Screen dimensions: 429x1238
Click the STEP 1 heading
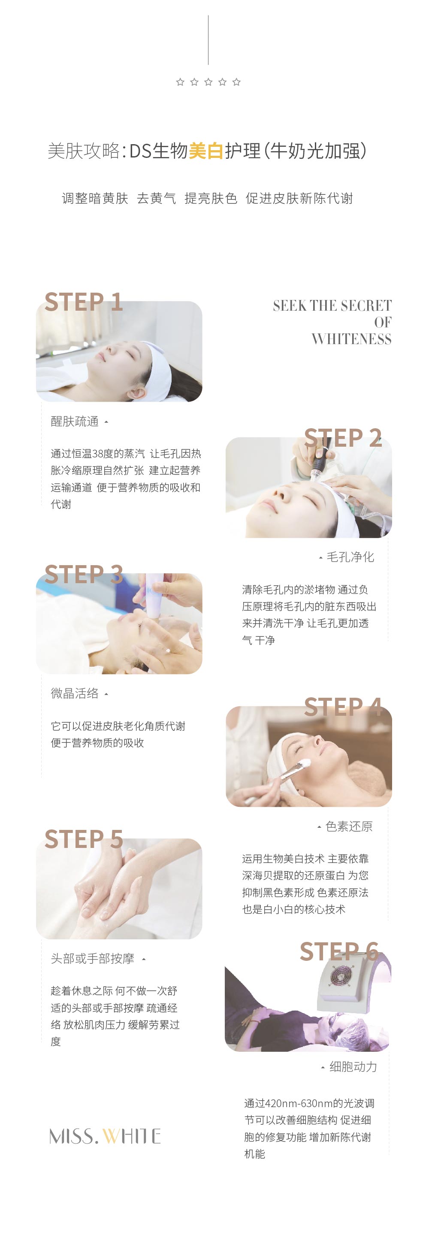(x=84, y=302)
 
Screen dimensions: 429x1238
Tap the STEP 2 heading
(x=343, y=437)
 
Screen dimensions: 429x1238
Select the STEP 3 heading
(x=84, y=574)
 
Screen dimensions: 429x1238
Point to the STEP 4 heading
(x=343, y=706)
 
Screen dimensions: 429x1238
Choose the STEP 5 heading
(x=84, y=839)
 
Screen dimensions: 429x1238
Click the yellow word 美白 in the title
(x=206, y=151)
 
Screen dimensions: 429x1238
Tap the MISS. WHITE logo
(x=105, y=1136)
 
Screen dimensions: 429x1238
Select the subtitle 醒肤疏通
(x=75, y=421)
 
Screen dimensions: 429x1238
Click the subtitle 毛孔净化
(x=350, y=557)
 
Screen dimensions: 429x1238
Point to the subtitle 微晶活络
(x=75, y=693)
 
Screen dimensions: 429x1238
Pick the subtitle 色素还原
(x=349, y=826)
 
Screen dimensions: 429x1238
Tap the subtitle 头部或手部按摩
(x=92, y=958)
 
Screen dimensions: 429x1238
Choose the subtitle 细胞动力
(x=353, y=1066)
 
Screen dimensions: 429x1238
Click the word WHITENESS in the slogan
(x=351, y=339)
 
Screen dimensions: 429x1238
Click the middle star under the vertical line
(x=208, y=82)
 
